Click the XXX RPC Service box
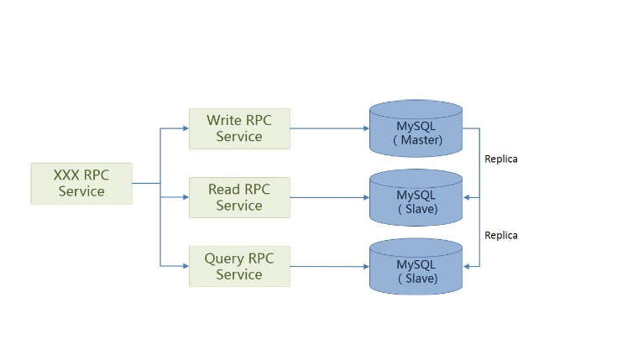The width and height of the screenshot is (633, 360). (81, 183)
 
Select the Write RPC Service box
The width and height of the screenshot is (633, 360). (239, 128)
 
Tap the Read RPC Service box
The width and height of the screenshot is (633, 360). (239, 197)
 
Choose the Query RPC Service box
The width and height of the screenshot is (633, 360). (239, 266)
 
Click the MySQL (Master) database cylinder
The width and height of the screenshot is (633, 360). (416, 130)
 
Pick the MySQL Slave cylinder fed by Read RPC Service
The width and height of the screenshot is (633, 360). (416, 199)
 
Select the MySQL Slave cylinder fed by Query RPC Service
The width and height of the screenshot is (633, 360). (416, 268)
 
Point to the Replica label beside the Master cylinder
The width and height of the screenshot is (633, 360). (501, 159)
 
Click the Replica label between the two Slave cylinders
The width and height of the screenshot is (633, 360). (501, 235)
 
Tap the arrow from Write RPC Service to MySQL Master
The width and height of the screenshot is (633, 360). (329, 128)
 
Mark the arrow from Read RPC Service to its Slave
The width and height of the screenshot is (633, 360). (329, 197)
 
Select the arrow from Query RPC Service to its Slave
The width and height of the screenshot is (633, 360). (329, 266)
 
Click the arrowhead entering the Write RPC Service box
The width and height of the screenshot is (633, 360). (185, 128)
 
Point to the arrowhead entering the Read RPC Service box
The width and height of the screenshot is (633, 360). (185, 197)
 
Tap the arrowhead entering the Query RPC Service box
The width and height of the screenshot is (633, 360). (185, 266)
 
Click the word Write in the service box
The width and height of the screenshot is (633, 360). (224, 120)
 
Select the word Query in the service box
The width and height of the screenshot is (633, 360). (223, 258)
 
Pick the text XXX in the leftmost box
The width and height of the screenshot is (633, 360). (66, 175)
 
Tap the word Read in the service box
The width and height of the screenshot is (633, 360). (224, 189)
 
